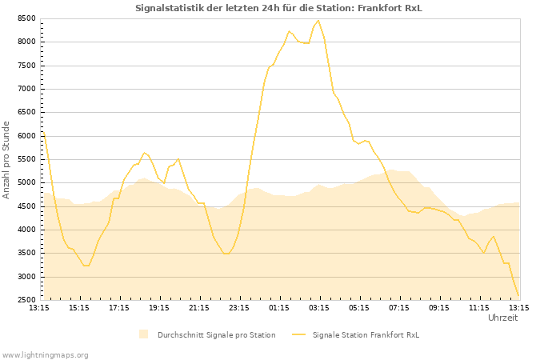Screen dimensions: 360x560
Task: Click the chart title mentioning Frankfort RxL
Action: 278,8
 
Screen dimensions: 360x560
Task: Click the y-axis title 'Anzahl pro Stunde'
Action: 6,159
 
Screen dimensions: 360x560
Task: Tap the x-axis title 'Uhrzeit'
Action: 502,318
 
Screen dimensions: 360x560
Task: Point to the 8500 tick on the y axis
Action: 25,18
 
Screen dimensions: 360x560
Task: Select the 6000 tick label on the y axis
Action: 25,136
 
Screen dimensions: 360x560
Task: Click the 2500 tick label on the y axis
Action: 25,301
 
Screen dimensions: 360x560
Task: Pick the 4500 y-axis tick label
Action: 25,206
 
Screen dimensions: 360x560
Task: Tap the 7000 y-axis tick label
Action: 25,89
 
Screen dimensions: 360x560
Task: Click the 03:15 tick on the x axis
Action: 319,307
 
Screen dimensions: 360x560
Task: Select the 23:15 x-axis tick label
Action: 239,307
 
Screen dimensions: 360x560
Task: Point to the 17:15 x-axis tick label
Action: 119,307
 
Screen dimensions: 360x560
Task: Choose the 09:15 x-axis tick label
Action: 439,307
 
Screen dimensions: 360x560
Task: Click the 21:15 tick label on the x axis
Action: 199,307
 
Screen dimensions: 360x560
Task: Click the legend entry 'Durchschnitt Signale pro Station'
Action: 216,334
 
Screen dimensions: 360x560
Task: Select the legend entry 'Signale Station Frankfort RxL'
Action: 366,334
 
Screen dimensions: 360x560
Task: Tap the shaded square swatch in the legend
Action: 144,334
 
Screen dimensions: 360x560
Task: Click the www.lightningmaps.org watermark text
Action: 45,354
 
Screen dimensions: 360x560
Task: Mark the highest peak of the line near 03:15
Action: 318,21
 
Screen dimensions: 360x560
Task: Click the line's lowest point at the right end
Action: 518,297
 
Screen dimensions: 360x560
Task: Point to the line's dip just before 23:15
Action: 226,254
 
